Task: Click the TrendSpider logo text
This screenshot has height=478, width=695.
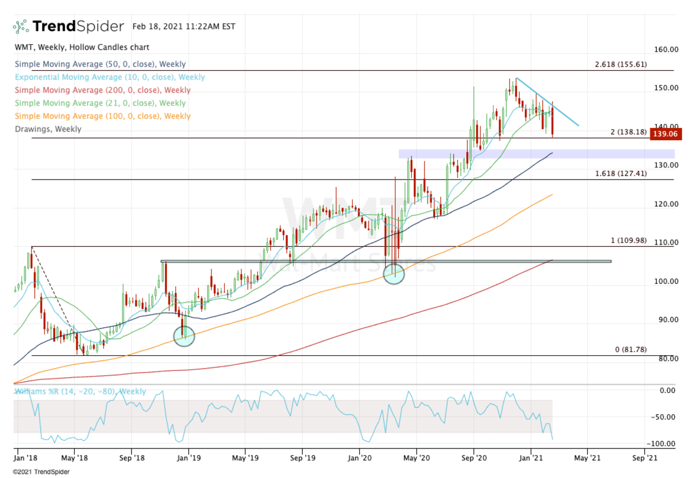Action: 78,26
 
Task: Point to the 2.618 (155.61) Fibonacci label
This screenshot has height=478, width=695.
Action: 620,64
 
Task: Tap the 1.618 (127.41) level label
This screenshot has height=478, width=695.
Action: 620,174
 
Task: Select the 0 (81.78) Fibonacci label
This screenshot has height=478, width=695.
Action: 630,349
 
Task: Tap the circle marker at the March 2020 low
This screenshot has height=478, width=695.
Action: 394,273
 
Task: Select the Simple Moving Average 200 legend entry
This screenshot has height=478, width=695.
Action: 103,90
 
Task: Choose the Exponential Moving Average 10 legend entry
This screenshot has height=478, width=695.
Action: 110,78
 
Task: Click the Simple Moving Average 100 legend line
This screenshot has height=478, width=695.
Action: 103,116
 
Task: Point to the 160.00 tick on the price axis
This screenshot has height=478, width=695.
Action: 666,49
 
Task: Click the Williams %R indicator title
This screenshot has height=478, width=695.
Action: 81,392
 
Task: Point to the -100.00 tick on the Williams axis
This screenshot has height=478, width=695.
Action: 665,444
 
